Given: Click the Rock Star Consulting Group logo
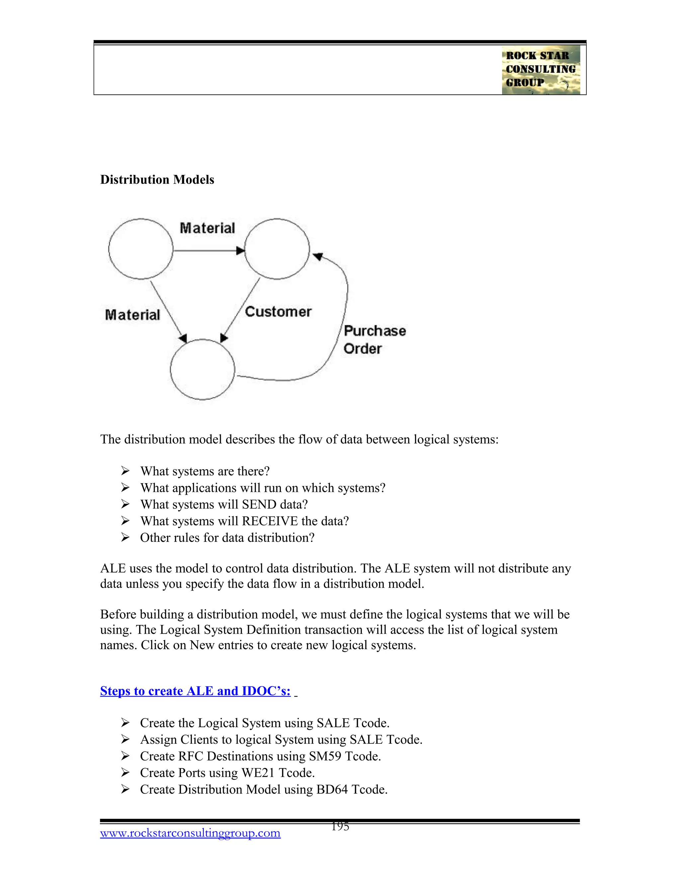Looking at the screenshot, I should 541,70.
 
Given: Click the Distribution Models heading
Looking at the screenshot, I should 157,180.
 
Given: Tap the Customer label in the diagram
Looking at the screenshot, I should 278,312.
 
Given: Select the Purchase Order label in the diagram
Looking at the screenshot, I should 374,340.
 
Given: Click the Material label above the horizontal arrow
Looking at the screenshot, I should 207,228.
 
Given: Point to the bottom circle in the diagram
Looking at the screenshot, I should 202,370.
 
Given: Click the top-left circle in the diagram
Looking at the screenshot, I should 140,249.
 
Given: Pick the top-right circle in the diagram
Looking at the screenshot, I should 277,249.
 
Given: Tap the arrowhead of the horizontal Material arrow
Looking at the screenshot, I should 240,251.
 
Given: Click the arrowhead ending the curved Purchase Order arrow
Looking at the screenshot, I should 318,256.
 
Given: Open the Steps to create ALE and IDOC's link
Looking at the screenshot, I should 195,691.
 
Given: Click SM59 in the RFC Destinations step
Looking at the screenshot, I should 323,756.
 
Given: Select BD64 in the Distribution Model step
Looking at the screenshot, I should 332,789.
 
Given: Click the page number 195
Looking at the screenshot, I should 340,827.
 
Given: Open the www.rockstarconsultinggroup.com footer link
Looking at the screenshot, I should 190,833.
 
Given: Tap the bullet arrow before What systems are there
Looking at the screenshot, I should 125,471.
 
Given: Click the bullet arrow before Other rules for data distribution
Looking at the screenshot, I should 125,538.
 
